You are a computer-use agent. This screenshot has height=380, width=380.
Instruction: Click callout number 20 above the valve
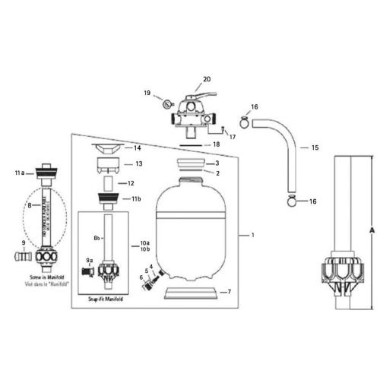tap(206, 78)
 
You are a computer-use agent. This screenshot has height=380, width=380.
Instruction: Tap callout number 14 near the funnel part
tap(138, 147)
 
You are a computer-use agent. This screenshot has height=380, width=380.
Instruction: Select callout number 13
tap(138, 163)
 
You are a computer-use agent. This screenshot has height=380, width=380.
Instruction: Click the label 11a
tap(20, 173)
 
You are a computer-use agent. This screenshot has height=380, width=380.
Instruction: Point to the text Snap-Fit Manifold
tap(106, 299)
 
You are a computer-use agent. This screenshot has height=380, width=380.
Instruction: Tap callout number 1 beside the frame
tap(252, 236)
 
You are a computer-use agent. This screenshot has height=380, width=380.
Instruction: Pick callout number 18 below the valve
tap(216, 144)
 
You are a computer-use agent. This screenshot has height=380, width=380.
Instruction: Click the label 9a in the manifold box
tap(90, 260)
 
